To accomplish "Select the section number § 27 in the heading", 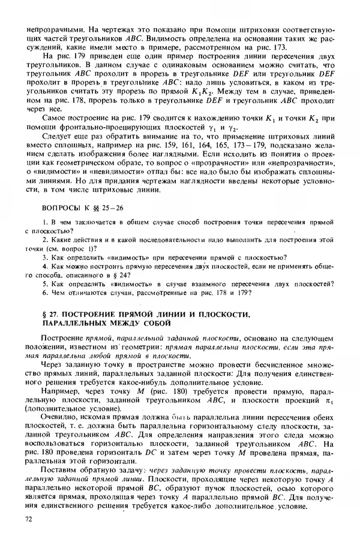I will (52, 314).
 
